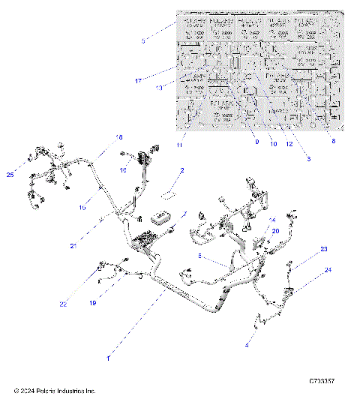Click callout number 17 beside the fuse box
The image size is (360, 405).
pyautogui.click(x=139, y=80)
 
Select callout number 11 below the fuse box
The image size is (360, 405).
pyautogui.click(x=178, y=143)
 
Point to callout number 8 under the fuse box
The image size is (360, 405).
pyautogui.click(x=334, y=140)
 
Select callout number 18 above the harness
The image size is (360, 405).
pyautogui.click(x=118, y=137)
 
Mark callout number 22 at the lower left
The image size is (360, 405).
pyautogui.click(x=85, y=304)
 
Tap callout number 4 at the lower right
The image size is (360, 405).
pyautogui.click(x=247, y=346)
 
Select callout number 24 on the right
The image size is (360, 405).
pyautogui.click(x=327, y=271)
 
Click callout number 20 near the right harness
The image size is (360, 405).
pyautogui.click(x=275, y=232)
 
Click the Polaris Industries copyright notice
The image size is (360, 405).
pyautogui.click(x=55, y=391)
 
